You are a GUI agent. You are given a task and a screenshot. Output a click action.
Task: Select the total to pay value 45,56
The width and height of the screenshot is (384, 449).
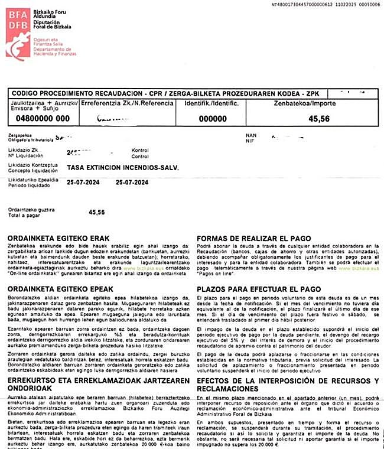(x=96, y=212)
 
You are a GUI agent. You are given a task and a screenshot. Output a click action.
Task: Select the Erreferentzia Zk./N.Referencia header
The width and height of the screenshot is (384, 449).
(x=126, y=103)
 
